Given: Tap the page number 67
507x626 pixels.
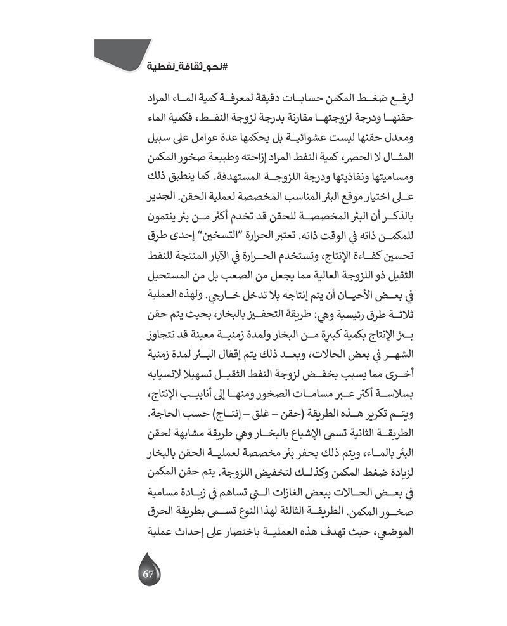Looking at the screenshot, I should coord(149,575).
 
